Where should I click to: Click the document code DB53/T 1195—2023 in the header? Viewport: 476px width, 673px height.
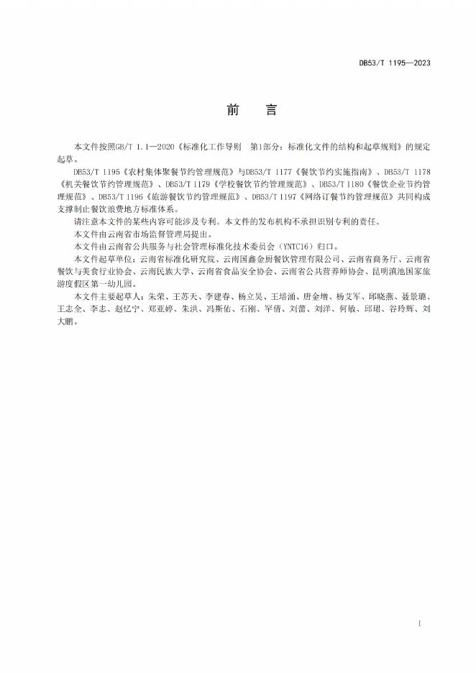click(x=395, y=63)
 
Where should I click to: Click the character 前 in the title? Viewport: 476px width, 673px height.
click(x=234, y=110)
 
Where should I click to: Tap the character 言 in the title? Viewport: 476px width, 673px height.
click(x=270, y=110)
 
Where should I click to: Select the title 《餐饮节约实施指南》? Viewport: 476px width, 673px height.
click(x=334, y=173)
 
